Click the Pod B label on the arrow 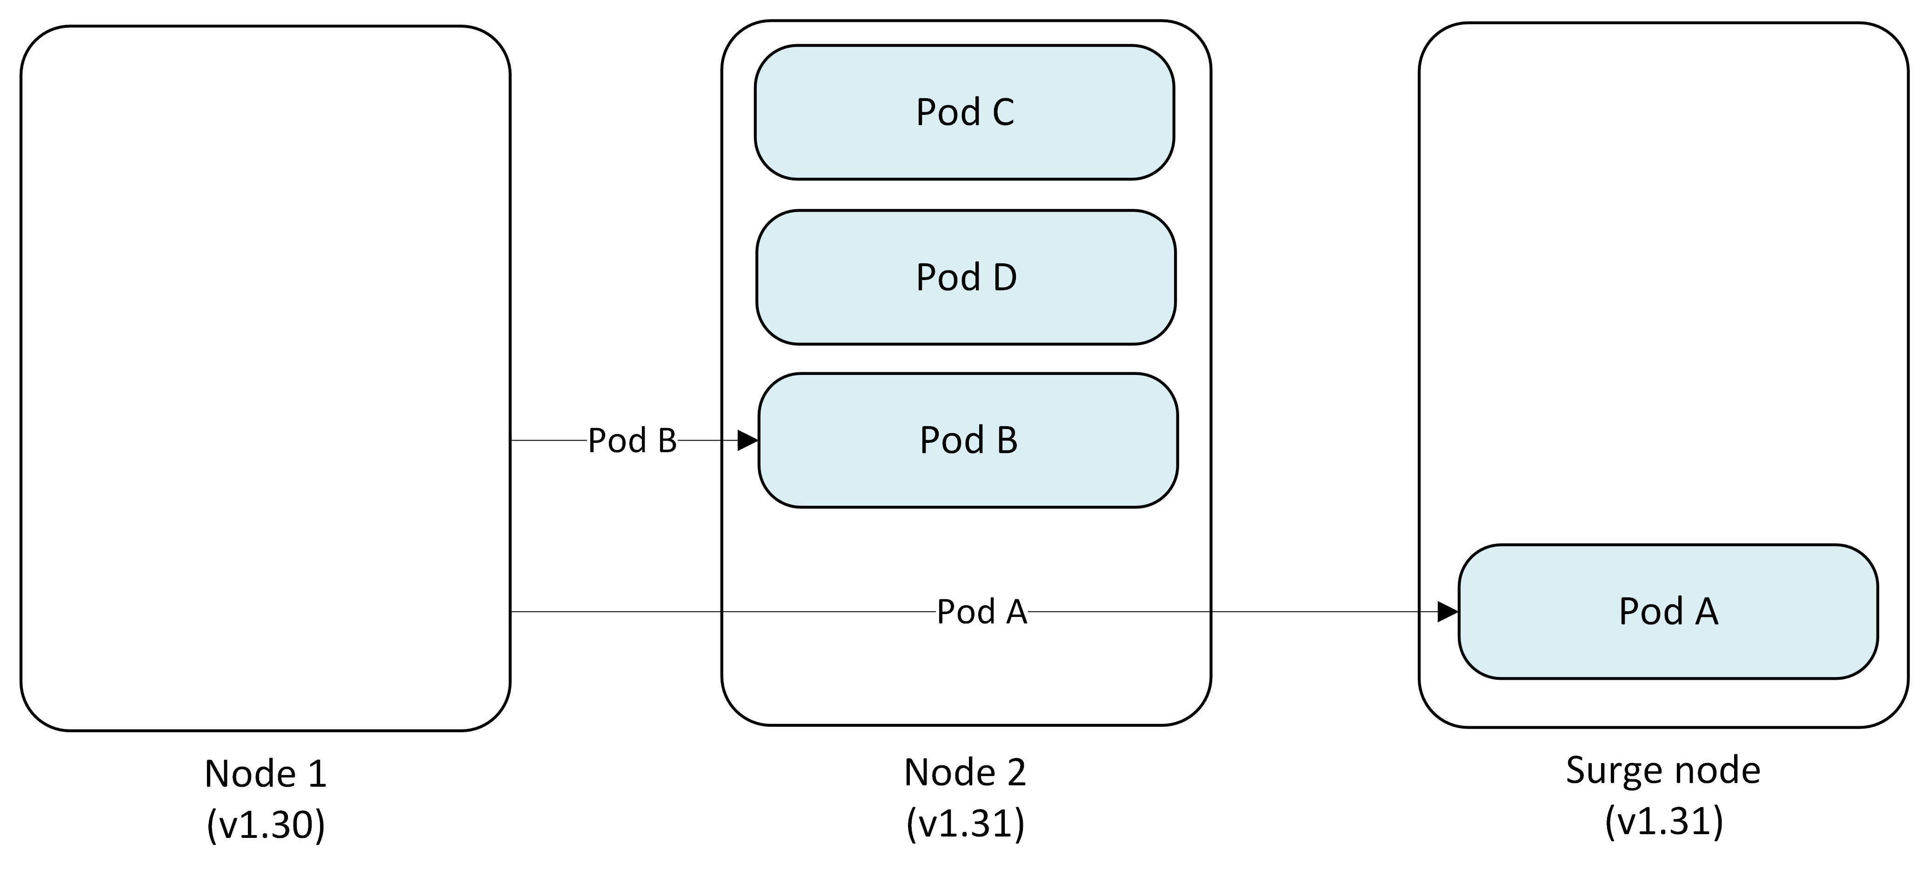(x=632, y=441)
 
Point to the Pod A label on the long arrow (x=982, y=612)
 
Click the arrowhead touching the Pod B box (x=748, y=441)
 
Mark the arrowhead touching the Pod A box (x=1448, y=612)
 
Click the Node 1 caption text (x=266, y=773)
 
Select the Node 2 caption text (x=965, y=772)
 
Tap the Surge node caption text (x=1663, y=770)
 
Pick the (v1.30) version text (x=266, y=825)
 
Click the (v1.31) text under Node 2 (x=965, y=823)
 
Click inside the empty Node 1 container (x=266, y=300)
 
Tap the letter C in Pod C (x=1003, y=113)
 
